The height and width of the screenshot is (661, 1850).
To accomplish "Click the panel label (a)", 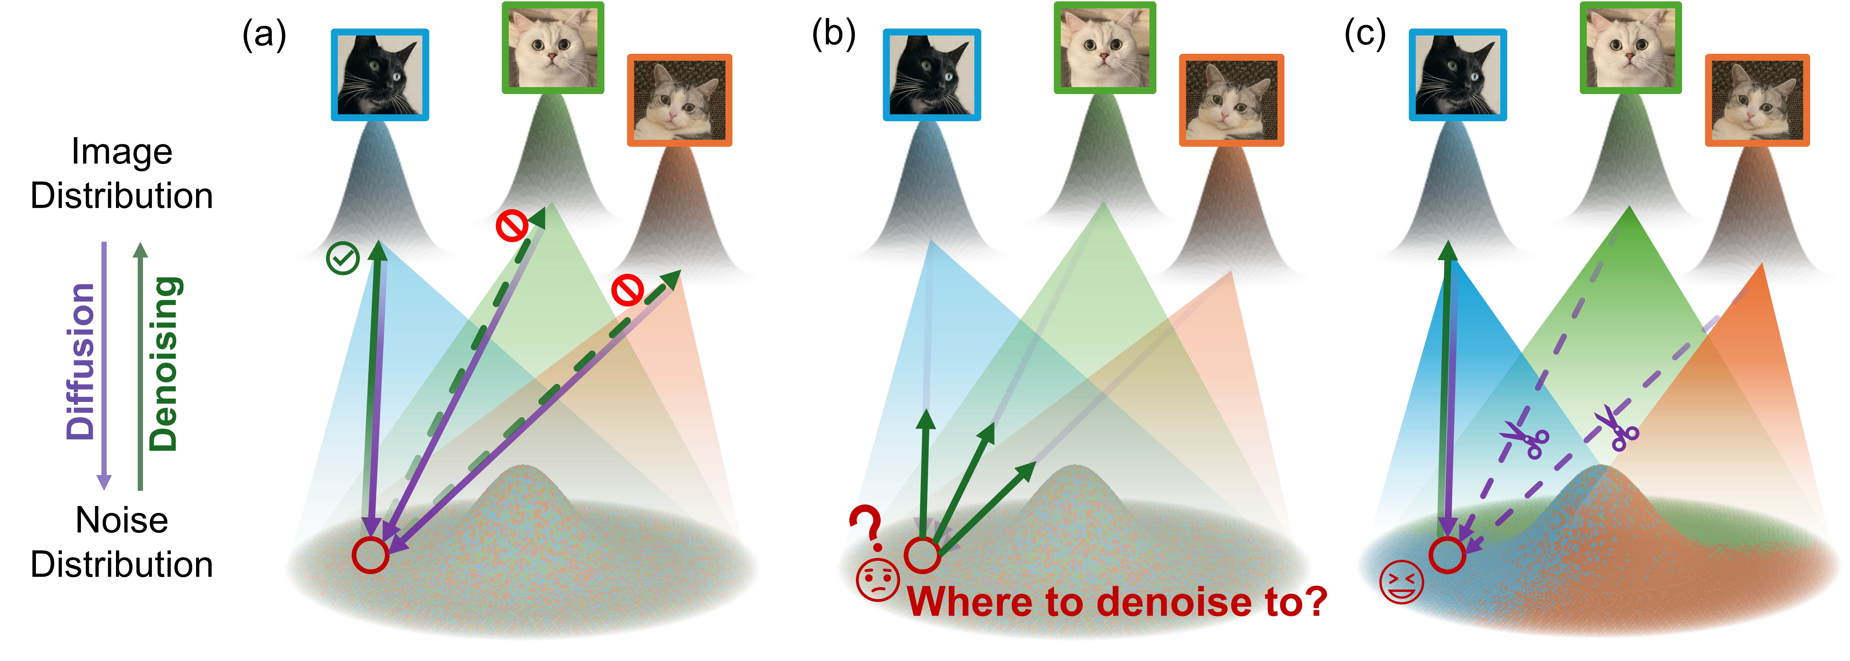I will [x=264, y=34].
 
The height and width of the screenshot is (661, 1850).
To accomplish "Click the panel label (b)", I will [x=833, y=34].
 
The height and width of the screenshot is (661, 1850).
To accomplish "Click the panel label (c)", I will [x=1364, y=34].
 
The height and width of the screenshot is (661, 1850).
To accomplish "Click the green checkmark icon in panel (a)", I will [x=343, y=259].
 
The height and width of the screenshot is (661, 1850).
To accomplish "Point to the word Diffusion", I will [x=80, y=361].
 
